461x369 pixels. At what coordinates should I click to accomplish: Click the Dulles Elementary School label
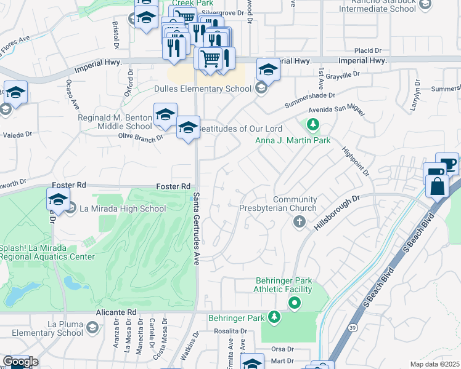[x=203, y=89]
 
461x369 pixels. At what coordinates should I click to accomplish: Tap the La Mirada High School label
[x=122, y=208]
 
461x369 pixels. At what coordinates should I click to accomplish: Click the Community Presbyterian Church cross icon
[x=299, y=221]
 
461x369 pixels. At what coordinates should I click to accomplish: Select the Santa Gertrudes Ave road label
[x=197, y=228]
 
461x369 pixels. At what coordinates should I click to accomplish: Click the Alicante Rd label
[x=115, y=312]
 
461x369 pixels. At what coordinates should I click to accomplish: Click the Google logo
[x=20, y=362]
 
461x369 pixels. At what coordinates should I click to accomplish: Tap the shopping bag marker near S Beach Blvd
[x=436, y=186]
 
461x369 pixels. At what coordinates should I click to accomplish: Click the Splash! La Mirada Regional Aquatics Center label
[x=47, y=252]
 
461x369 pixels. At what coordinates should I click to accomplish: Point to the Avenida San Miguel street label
[x=337, y=111]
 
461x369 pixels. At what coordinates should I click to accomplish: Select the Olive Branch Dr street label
[x=140, y=137]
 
